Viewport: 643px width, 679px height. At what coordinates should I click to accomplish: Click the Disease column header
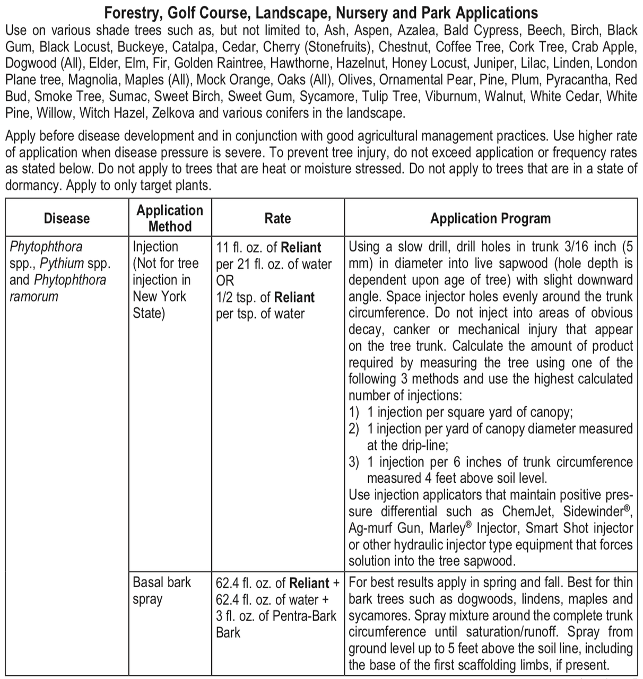67,218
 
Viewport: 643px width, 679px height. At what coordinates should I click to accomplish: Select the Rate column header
277,218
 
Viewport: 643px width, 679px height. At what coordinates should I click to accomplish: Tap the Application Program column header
490,218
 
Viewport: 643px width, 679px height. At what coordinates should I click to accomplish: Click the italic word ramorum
33,297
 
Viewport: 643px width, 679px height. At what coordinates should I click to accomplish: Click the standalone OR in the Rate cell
225,281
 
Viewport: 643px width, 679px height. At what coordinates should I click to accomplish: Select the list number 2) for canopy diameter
354,429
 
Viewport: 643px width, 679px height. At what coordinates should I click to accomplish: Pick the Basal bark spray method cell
161,591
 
